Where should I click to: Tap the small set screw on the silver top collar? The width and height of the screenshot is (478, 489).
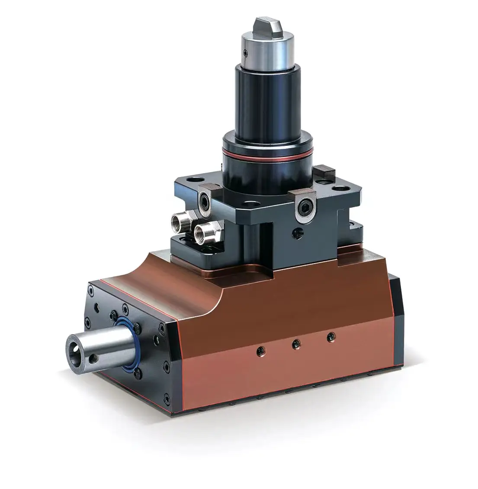coord(245,54)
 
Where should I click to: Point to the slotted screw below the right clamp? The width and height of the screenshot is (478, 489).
coord(296,234)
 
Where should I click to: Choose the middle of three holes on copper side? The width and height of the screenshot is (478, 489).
coord(295,343)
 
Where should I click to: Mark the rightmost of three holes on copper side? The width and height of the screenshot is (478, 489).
coord(331,336)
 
